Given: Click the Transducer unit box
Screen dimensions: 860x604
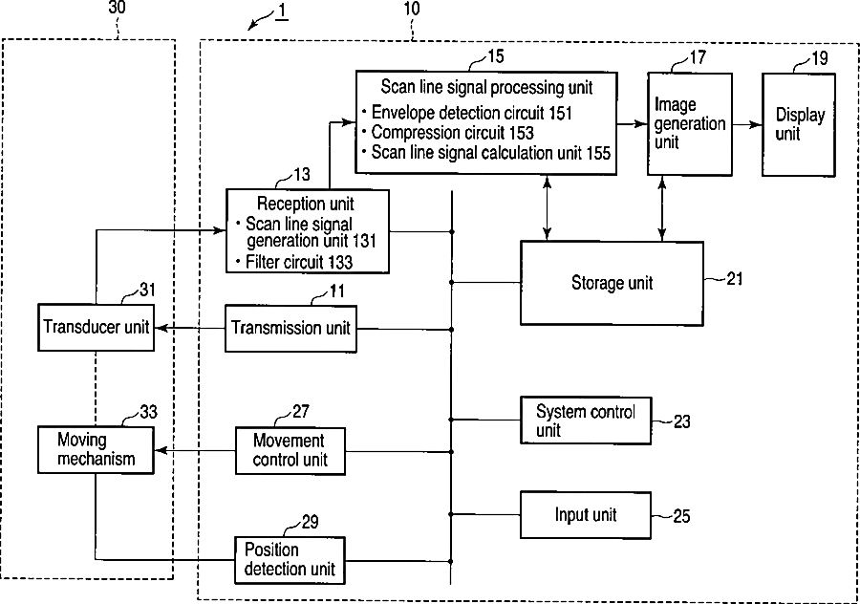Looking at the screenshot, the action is (x=96, y=328).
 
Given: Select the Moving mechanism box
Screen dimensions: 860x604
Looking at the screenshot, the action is (x=96, y=450).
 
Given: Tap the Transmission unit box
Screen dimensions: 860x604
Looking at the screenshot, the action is (x=290, y=329).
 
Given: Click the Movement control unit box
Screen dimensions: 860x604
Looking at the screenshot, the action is (x=290, y=451).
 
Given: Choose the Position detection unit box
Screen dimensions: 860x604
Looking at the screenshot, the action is (x=290, y=560).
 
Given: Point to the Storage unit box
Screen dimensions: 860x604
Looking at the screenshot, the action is (x=613, y=284).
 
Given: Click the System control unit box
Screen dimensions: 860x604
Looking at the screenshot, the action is (x=586, y=421).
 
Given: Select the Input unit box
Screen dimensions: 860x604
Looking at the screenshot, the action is (x=586, y=515).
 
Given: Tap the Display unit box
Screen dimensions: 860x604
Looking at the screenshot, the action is (x=799, y=125).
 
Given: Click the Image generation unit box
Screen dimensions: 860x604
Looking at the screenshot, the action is (x=690, y=124).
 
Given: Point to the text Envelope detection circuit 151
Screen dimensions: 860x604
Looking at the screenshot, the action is (x=472, y=113).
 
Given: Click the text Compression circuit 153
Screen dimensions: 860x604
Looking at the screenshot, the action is (x=453, y=133).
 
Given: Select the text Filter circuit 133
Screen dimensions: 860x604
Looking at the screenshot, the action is (x=299, y=262).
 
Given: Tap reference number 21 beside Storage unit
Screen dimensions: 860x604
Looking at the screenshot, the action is (x=735, y=279).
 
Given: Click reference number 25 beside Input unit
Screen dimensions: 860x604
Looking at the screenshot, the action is (x=681, y=516).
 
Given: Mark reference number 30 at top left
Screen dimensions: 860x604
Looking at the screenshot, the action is (x=117, y=8).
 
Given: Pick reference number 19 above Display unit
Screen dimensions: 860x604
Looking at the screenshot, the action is (x=819, y=58).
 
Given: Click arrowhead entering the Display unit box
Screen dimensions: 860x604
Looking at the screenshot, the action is (x=757, y=124).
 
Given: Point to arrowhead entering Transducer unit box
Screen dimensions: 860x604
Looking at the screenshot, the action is (x=161, y=328).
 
